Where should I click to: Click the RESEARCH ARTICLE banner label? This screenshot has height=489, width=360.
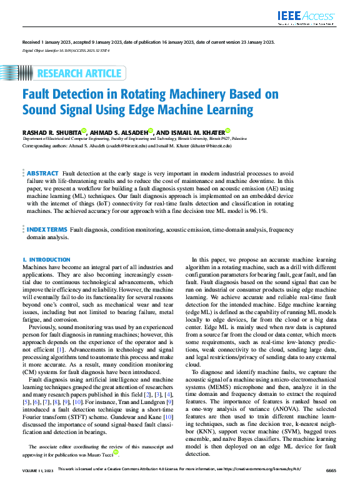coord(79,74)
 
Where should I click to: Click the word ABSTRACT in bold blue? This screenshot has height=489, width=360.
coord(43,173)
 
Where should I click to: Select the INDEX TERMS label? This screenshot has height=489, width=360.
coord(47,230)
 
